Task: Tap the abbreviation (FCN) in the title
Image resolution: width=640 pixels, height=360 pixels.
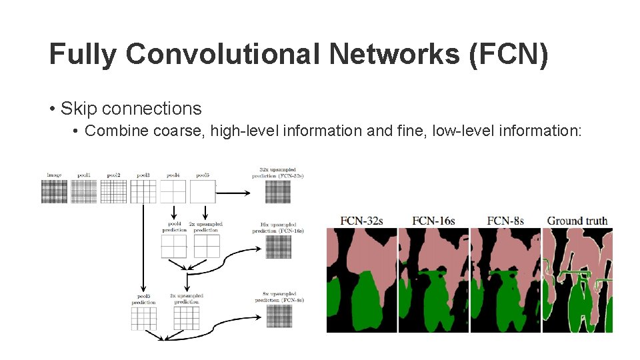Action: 508,55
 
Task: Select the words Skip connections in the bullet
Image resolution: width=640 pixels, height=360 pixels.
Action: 131,108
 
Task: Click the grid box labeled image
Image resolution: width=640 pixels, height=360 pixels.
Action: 55,192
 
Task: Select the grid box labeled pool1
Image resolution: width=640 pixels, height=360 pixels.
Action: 84,192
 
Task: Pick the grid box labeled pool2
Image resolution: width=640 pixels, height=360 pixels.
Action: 113,192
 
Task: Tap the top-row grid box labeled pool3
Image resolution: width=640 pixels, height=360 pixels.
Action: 143,192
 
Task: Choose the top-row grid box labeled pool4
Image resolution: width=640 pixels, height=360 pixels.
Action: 173,192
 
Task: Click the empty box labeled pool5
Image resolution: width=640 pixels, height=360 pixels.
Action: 203,192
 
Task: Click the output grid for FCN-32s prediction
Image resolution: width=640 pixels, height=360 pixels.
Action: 278,192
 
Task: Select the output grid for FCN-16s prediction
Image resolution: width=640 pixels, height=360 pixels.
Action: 278,247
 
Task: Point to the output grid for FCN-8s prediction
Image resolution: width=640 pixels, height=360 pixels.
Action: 278,318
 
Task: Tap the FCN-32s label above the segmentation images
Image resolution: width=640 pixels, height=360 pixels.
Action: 361,220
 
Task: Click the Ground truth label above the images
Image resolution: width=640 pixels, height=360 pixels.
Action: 577,220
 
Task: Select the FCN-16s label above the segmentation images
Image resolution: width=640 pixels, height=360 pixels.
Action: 434,220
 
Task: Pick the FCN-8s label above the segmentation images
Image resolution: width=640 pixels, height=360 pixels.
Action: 505,220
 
